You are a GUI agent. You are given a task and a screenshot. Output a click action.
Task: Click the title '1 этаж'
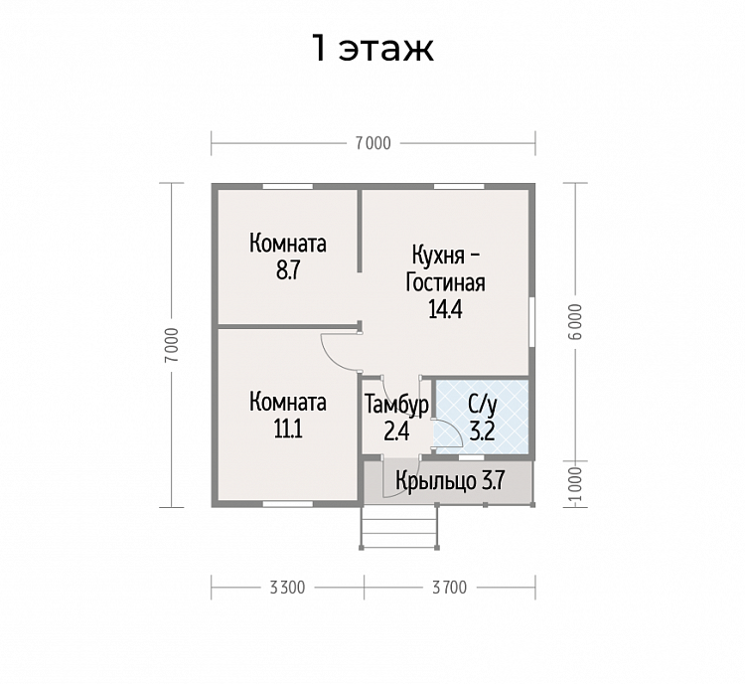click(x=372, y=49)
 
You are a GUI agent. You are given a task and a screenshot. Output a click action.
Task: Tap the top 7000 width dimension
click(x=372, y=143)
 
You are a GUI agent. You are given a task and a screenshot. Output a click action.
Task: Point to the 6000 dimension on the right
click(x=575, y=321)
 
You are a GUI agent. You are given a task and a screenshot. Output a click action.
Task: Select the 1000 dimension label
click(x=575, y=484)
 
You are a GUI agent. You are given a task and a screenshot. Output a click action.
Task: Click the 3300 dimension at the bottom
click(x=287, y=588)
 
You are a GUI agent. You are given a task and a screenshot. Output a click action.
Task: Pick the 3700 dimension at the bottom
click(x=449, y=588)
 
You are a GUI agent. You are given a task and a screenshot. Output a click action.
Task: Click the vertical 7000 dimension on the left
click(x=172, y=345)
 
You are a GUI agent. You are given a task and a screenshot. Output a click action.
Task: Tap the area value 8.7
click(x=288, y=270)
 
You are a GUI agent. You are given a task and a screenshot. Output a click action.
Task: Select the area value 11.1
click(x=288, y=429)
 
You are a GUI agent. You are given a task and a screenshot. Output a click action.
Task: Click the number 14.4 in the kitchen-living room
click(x=445, y=309)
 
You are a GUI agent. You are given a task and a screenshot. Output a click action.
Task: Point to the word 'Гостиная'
click(x=445, y=282)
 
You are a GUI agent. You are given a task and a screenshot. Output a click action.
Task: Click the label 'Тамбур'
click(x=396, y=405)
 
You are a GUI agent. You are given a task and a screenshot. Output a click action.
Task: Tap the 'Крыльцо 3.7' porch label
click(x=449, y=481)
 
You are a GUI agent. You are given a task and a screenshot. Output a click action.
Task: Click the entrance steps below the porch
click(x=399, y=527)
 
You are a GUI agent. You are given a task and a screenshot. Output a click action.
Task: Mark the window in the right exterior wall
click(x=532, y=321)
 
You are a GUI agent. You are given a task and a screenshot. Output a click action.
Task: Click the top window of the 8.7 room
click(x=288, y=187)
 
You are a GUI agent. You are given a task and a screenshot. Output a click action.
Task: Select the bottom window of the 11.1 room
click(x=288, y=504)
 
